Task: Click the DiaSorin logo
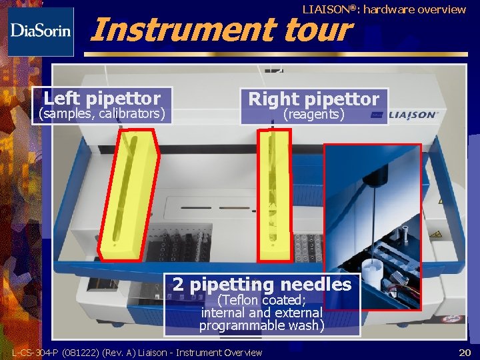click(x=41, y=32)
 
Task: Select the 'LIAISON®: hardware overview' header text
click(x=384, y=9)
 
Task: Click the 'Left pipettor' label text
click(x=102, y=98)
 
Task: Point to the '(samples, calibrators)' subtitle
click(x=102, y=113)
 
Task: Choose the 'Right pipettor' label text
click(x=314, y=99)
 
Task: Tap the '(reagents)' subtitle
click(x=314, y=115)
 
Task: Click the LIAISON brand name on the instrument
click(x=413, y=115)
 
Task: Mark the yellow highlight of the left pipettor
click(x=129, y=195)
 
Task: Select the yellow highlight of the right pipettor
click(x=274, y=196)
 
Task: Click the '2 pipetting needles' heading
click(x=262, y=285)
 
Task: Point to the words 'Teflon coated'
click(x=262, y=300)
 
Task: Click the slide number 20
click(x=465, y=353)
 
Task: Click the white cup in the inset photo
click(x=372, y=273)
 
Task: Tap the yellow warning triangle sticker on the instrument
click(x=435, y=235)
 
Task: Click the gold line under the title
click(x=276, y=55)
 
